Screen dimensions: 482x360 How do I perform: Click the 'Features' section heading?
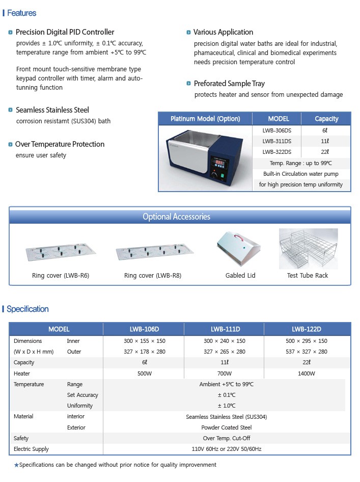21,13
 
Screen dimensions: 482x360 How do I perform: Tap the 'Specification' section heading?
27,309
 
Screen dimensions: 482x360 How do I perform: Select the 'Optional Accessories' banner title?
176,217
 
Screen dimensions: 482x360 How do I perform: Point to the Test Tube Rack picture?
308,249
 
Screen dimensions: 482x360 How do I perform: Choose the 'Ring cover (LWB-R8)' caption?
153,276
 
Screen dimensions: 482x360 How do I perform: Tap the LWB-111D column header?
225,329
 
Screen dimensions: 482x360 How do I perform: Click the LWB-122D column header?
306,329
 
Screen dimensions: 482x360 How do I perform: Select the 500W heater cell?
145,373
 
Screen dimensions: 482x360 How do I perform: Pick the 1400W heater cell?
306,373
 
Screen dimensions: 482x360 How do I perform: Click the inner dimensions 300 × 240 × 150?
225,341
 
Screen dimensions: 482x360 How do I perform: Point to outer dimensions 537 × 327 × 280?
306,352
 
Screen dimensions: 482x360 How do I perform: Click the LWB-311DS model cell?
277,141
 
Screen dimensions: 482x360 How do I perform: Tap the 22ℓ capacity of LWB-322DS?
326,152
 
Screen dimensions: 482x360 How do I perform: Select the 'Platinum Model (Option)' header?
205,119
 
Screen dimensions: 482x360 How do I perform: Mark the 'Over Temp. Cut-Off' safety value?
226,438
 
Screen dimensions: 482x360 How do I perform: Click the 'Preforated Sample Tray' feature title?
229,84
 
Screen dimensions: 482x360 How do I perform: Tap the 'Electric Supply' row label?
32,449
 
